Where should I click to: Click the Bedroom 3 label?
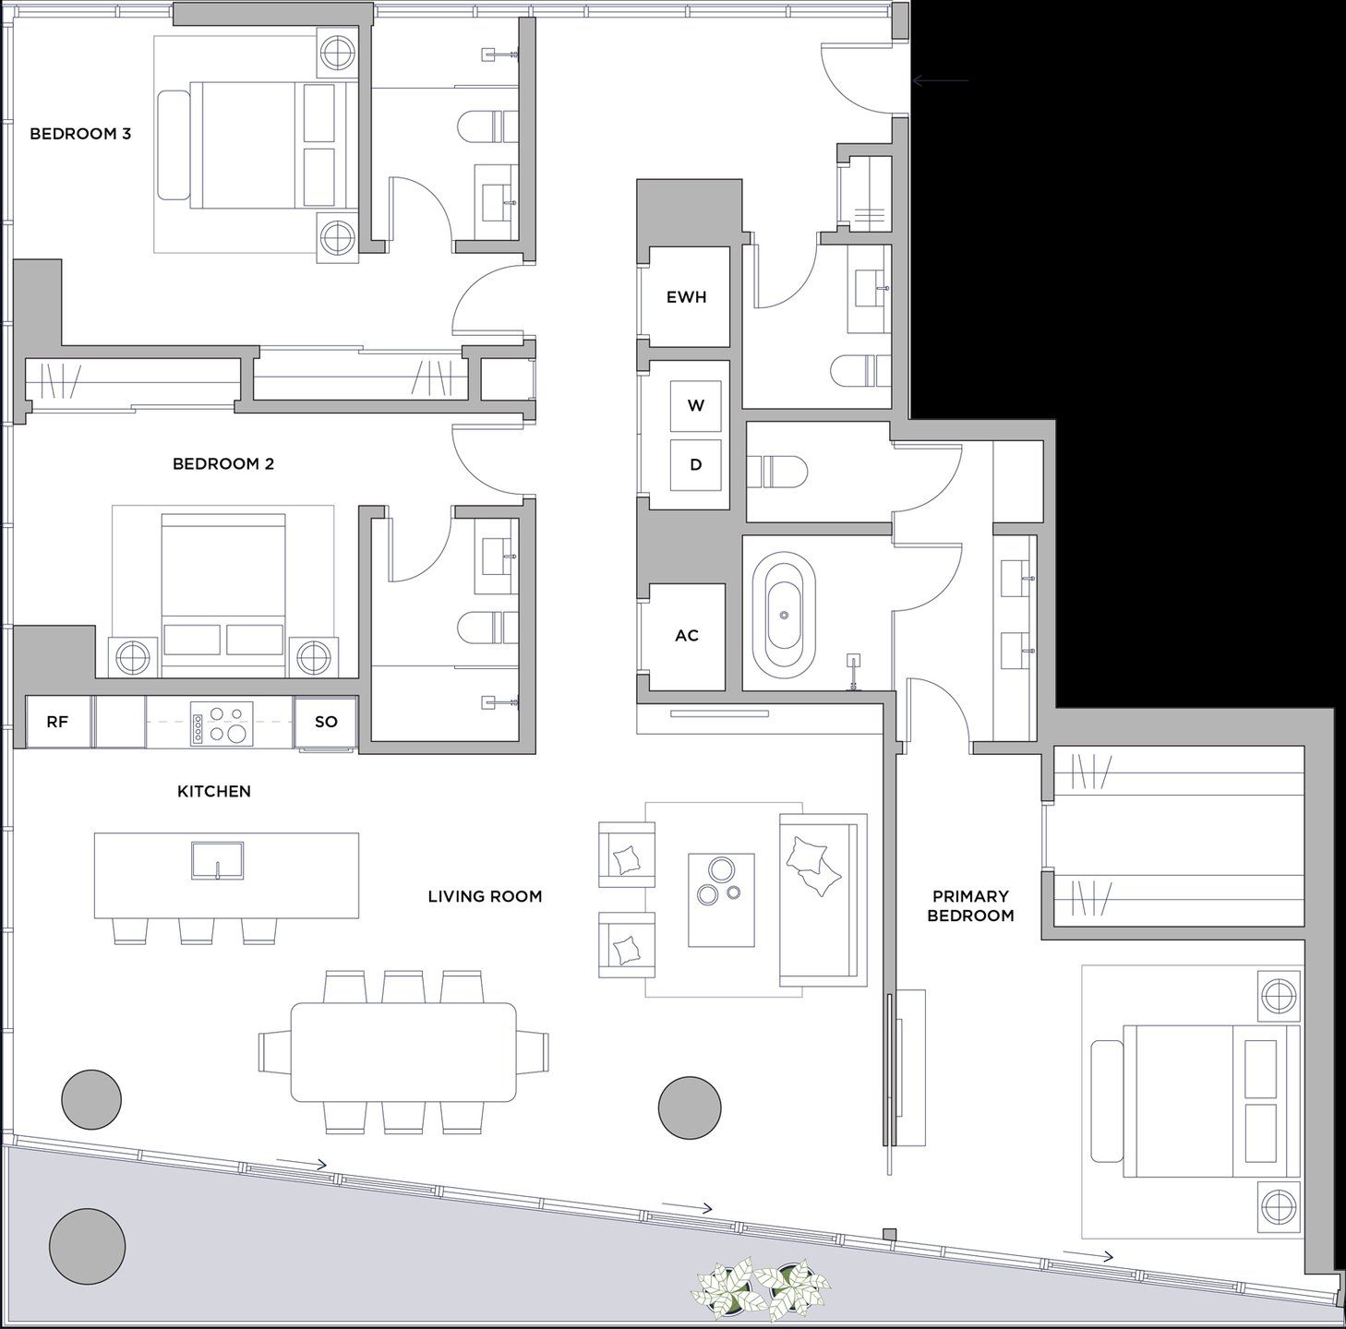(80, 134)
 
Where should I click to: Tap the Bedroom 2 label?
(223, 463)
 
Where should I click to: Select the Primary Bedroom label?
(970, 905)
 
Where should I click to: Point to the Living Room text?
(485, 896)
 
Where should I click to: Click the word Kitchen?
(214, 791)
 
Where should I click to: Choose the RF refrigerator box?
(57, 722)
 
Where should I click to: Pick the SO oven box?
(326, 722)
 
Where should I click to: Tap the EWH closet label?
(687, 297)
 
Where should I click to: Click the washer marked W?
(696, 405)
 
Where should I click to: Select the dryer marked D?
(696, 464)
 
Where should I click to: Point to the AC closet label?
(687, 636)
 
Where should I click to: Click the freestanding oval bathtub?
(784, 616)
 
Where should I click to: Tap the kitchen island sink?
(218, 860)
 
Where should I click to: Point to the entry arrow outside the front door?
(940, 81)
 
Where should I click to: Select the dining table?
(403, 1051)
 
